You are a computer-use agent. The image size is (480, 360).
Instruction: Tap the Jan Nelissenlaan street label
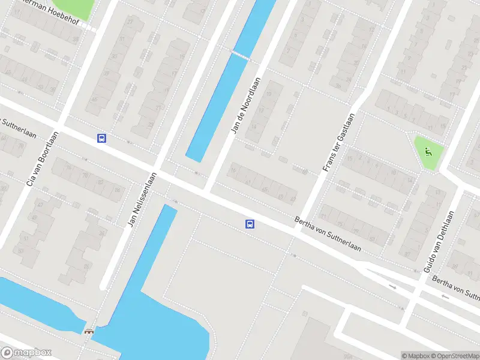[142, 200]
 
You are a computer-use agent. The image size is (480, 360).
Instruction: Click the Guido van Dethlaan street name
[439, 241]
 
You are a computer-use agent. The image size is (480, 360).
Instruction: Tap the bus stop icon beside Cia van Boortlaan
[102, 138]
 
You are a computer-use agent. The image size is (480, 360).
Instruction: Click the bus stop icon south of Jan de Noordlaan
[250, 224]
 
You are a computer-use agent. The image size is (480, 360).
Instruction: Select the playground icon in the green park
[428, 151]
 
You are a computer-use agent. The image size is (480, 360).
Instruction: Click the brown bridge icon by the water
[89, 331]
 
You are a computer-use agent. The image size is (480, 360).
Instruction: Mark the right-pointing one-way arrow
[393, 287]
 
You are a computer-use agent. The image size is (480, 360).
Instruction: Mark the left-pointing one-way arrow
[445, 296]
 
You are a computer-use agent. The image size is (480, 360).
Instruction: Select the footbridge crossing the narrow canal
[241, 55]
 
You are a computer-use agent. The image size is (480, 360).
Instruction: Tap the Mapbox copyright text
[416, 356]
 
